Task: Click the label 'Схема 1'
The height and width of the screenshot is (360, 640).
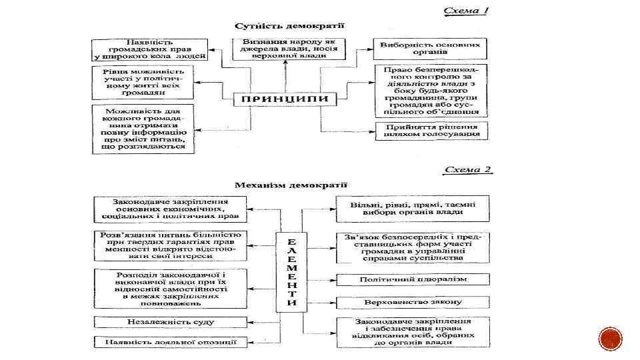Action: [x=467, y=11]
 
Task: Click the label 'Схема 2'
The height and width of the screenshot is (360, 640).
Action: [x=468, y=169]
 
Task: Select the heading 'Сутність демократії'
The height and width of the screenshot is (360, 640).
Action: [x=289, y=27]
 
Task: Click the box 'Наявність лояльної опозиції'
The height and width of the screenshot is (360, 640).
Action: [x=171, y=343]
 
